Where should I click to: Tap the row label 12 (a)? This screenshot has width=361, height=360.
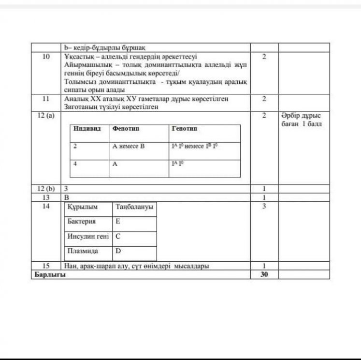[46, 116]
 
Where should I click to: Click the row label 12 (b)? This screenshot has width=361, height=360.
[46, 188]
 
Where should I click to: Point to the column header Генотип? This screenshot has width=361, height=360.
[184, 129]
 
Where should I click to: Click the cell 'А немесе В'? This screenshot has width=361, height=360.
[129, 145]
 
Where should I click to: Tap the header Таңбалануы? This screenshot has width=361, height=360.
[134, 207]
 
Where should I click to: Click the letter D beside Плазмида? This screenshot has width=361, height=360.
[118, 251]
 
